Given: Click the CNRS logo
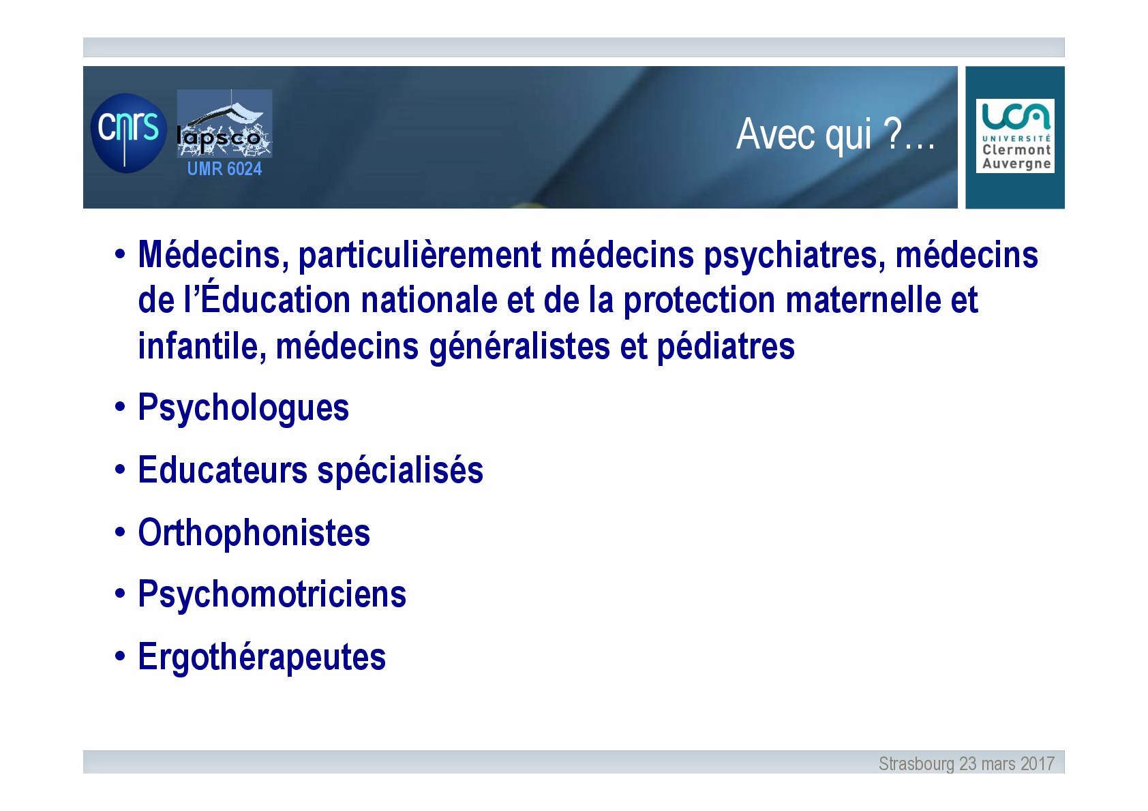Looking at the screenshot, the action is tap(128, 133).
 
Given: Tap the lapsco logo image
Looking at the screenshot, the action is tap(224, 123).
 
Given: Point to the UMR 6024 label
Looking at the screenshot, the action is tap(224, 168).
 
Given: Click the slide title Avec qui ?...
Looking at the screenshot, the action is tap(835, 134).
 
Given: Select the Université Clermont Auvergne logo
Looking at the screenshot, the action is tap(1015, 136).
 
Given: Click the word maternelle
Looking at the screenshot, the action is tap(864, 301).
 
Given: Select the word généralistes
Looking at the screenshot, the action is tap(519, 347).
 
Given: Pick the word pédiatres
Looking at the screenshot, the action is tap(726, 347).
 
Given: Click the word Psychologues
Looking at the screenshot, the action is tap(243, 408).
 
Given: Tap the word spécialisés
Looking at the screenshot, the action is tap(400, 471).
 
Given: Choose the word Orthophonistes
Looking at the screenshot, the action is tap(254, 533).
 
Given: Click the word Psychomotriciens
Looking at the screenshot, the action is tap(272, 595).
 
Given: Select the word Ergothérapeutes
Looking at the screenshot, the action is tap(262, 657).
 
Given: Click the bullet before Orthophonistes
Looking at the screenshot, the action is tap(120, 532).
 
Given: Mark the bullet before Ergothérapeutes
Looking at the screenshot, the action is tap(120, 656).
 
